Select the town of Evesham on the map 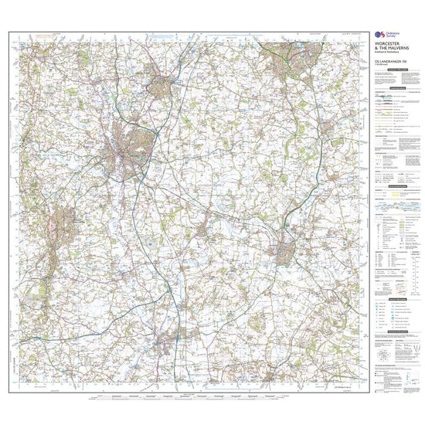283,252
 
